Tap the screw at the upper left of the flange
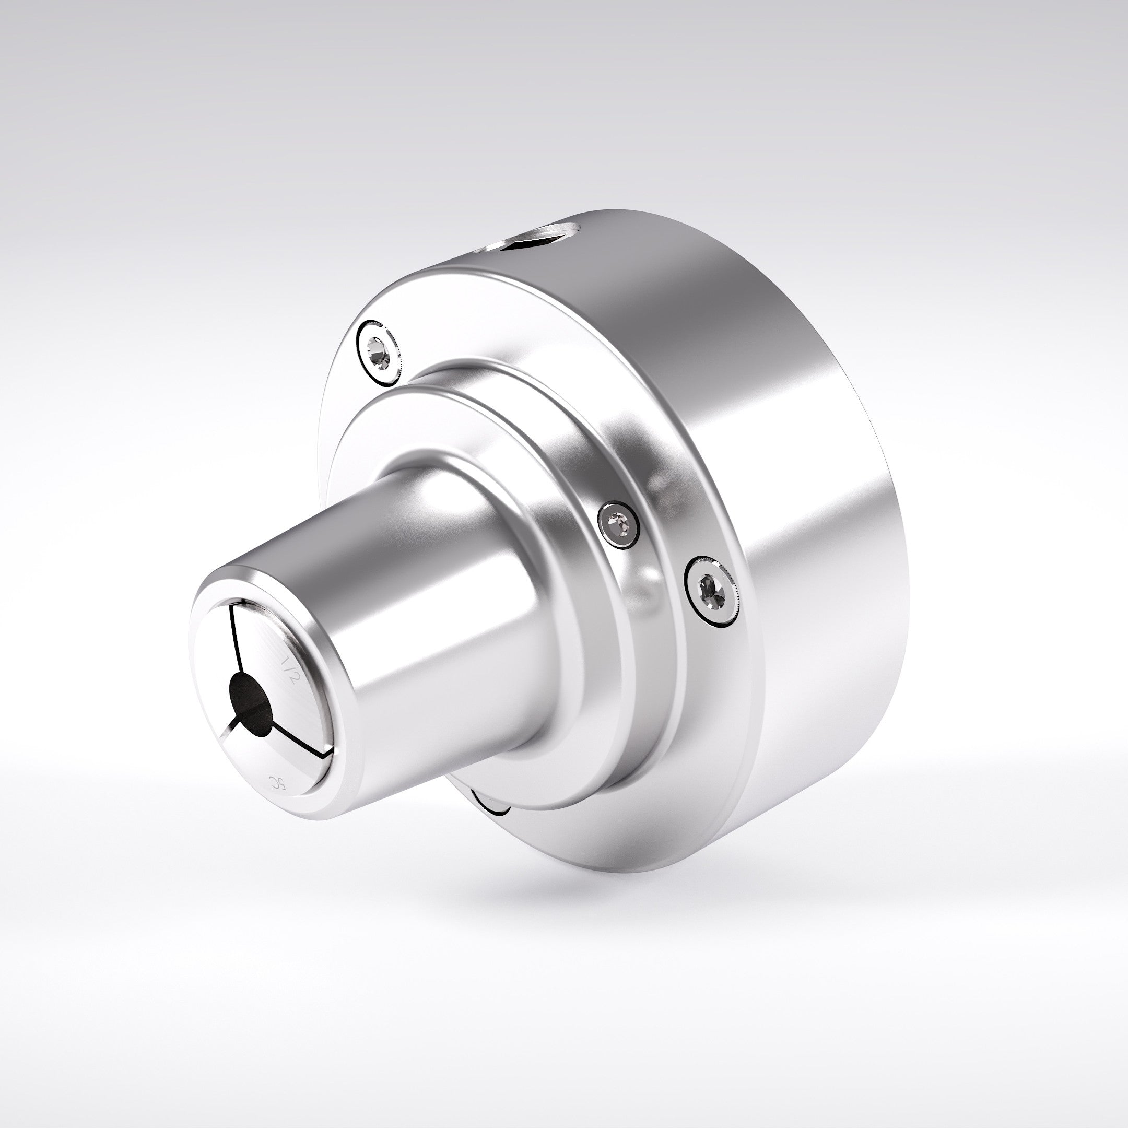[x=378, y=352]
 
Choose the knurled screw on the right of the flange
[x=711, y=592]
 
